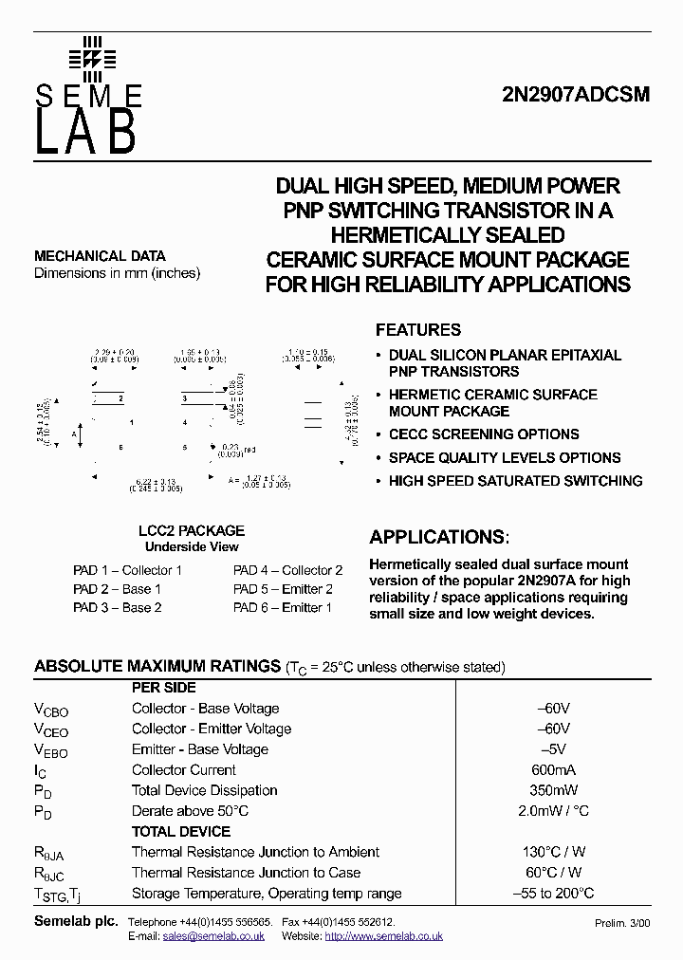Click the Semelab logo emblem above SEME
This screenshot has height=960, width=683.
(x=92, y=58)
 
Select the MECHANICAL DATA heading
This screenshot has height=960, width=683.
(x=100, y=256)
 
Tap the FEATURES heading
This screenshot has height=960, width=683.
(x=418, y=330)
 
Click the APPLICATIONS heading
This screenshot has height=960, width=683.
(x=438, y=537)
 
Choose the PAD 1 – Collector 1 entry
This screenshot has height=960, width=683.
(x=127, y=570)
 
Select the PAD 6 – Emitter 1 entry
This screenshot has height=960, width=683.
(x=283, y=607)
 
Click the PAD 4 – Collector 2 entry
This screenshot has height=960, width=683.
(x=287, y=570)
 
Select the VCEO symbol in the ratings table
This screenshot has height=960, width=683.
(x=51, y=729)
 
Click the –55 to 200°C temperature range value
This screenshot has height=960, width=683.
(x=555, y=893)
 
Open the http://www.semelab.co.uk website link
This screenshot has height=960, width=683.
(x=383, y=935)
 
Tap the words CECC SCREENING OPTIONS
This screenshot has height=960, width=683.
(x=484, y=434)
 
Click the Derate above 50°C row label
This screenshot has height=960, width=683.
(x=190, y=811)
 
